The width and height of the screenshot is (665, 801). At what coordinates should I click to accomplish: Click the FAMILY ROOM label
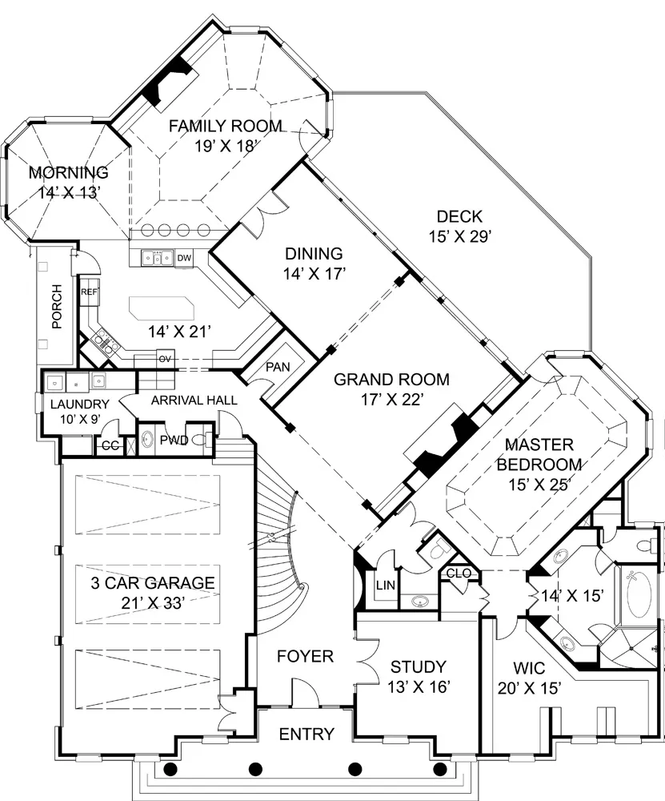coord(225,126)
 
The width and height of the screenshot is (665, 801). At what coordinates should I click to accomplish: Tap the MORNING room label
coord(68,173)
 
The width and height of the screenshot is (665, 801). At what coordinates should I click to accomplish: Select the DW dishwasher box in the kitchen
coord(184,258)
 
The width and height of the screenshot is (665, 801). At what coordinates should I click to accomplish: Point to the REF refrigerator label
coord(89,292)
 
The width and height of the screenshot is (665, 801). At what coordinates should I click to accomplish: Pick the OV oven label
coord(164,359)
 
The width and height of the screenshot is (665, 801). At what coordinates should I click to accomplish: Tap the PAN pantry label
coord(278,367)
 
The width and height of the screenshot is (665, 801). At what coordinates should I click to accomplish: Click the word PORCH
coord(57,307)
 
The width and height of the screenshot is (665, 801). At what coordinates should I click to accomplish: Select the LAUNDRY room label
coord(79,405)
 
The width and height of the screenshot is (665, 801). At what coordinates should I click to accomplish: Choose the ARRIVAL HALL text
coord(194,400)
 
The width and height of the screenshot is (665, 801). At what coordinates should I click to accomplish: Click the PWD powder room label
coord(174,440)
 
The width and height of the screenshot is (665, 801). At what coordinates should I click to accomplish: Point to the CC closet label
coord(110,446)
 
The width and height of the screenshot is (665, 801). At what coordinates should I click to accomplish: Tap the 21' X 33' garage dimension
coord(153,603)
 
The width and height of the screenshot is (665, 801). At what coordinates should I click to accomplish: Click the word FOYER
coord(305,656)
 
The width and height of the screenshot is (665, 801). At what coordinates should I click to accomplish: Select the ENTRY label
coord(306,734)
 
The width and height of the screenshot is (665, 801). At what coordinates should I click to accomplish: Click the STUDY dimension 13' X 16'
coord(419,687)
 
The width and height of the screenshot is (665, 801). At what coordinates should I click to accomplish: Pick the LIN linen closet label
coord(386,585)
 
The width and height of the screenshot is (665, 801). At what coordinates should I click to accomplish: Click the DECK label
coord(459,216)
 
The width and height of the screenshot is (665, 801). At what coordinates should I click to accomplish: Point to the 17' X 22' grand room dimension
coord(392,400)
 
